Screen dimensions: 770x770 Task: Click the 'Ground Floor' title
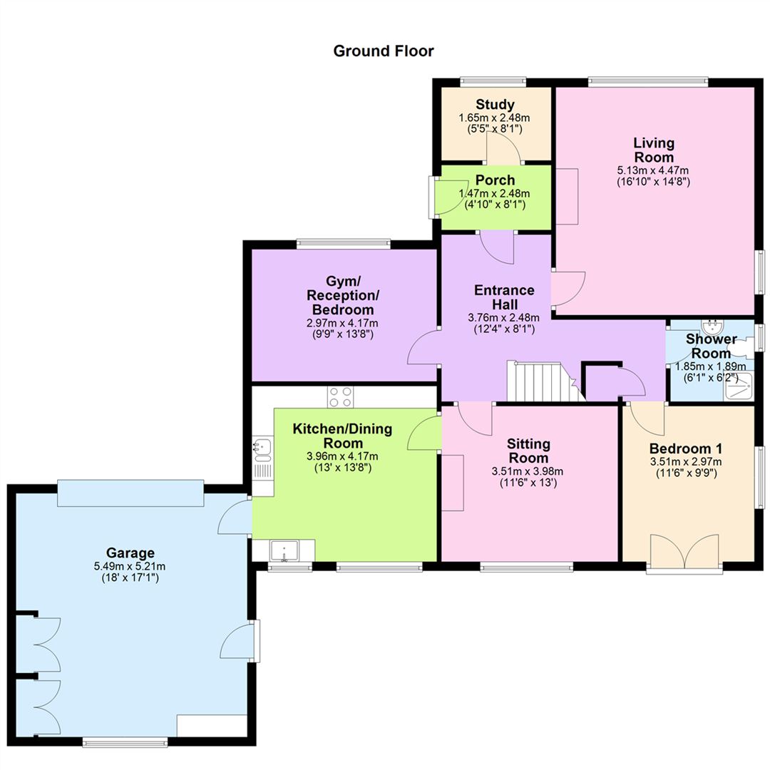pos(384,51)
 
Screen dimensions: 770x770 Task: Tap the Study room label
pos(495,105)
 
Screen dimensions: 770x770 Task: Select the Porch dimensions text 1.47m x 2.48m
pos(495,193)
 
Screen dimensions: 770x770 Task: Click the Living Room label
pos(654,150)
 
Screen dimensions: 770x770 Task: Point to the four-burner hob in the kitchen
pos(340,397)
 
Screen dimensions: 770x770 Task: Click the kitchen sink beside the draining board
pos(262,447)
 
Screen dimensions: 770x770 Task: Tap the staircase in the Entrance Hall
pos(546,381)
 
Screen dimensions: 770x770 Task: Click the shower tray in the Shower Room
pos(739,386)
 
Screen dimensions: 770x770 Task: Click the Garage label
pos(130,553)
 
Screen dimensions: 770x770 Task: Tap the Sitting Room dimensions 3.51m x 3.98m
pos(528,471)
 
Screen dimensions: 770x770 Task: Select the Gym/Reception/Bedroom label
pos(343,296)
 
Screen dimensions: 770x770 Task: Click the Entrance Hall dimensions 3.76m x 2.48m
pos(504,318)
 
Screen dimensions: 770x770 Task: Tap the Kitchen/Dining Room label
pos(342,436)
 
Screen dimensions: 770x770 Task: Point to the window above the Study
pos(493,81)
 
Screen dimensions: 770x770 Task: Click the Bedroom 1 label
pos(686,448)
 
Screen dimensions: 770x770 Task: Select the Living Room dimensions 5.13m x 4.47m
pos(652,170)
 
